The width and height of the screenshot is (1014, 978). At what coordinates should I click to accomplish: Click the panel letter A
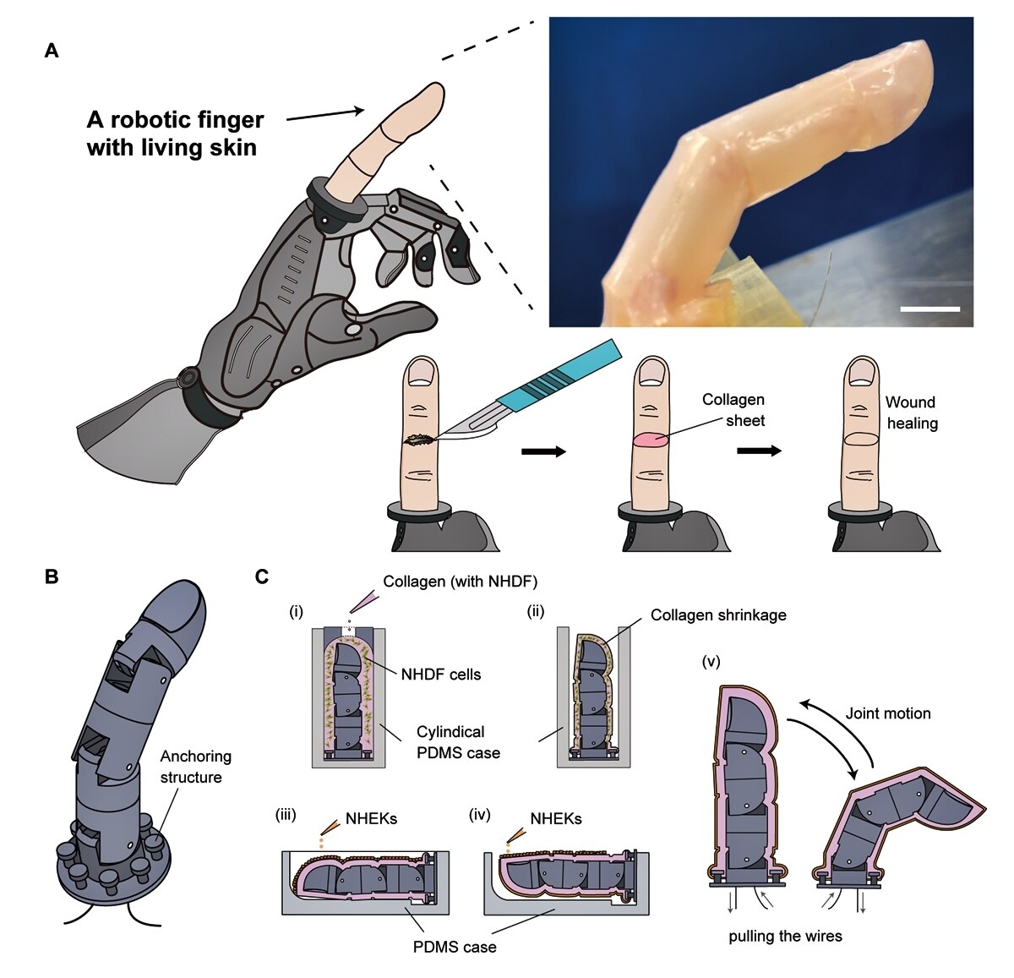click(x=52, y=51)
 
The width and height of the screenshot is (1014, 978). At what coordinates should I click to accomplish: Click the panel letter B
click(x=52, y=577)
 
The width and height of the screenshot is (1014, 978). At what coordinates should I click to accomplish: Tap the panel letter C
click(x=262, y=577)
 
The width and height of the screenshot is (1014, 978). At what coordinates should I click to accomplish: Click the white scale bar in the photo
click(x=929, y=309)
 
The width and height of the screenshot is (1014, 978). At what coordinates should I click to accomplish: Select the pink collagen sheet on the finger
click(x=651, y=440)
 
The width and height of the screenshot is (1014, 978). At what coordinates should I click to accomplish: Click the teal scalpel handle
click(x=560, y=374)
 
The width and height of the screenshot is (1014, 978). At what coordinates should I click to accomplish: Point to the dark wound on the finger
click(x=422, y=440)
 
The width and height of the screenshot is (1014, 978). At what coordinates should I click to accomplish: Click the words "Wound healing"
click(x=912, y=413)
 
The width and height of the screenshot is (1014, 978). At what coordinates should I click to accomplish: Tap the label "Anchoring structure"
click(x=195, y=767)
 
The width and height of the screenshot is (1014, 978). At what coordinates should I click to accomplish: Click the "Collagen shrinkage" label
click(x=718, y=615)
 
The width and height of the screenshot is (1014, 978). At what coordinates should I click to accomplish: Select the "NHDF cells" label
click(x=441, y=675)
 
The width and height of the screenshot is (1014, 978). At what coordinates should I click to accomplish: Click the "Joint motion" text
click(x=888, y=713)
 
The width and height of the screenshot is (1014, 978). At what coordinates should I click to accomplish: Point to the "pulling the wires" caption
click(x=785, y=937)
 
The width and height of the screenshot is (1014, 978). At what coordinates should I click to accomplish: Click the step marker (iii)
click(x=286, y=814)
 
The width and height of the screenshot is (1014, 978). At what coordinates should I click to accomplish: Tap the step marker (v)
click(x=711, y=662)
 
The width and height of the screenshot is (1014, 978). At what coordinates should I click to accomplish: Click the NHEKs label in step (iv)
click(x=556, y=819)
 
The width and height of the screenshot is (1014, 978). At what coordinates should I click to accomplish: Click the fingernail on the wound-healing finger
click(x=863, y=373)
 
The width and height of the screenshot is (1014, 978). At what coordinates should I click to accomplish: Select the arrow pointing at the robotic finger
click(x=325, y=115)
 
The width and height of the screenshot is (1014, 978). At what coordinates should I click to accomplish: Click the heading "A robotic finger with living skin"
click(x=175, y=134)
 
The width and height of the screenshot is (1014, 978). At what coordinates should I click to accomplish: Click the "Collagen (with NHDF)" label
click(x=461, y=582)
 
